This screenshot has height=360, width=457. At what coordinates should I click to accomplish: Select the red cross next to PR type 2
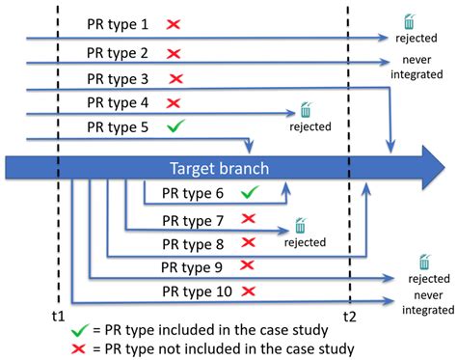tap(175, 54)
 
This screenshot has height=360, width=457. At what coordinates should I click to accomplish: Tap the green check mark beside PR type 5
tap(175, 126)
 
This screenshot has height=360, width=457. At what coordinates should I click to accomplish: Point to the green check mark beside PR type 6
tap(249, 194)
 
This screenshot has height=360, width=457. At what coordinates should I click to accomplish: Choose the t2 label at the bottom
tap(349, 316)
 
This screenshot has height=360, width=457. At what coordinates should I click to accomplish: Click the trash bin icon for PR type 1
tap(411, 21)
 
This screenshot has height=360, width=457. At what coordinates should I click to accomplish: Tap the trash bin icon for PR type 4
tap(307, 109)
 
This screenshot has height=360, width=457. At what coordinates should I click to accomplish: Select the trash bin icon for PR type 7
tap(301, 226)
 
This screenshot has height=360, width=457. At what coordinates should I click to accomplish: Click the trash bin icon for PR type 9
tap(424, 262)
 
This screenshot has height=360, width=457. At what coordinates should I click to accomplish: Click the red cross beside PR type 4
tap(174, 102)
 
